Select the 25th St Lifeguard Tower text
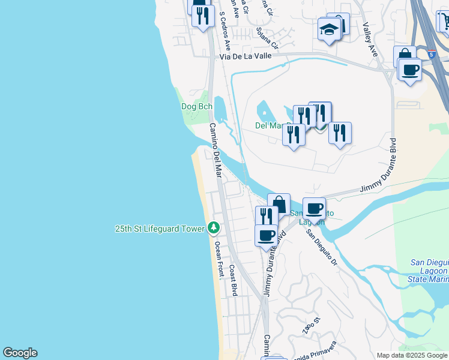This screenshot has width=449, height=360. pyautogui.click(x=160, y=229)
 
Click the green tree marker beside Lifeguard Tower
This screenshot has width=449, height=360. pyautogui.click(x=213, y=228)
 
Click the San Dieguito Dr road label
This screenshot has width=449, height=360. pyautogui.click(x=321, y=248)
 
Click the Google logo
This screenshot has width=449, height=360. pyautogui.click(x=20, y=353)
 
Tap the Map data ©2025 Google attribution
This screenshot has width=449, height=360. pyautogui.click(x=412, y=355)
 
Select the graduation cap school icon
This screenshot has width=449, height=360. pyautogui.click(x=329, y=29)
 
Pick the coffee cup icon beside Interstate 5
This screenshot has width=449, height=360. pyautogui.click(x=410, y=70)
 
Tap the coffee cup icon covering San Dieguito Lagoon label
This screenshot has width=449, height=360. pyautogui.click(x=314, y=209)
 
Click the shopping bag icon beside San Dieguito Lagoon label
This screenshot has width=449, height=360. pyautogui.click(x=279, y=204)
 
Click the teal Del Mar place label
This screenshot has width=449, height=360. pyautogui.click(x=270, y=125)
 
